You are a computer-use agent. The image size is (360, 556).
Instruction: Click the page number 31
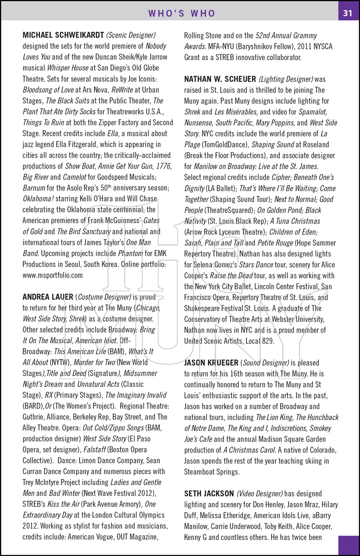pyautogui.click(x=347, y=13)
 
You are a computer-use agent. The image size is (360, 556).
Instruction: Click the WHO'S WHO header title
pyautogui.click(x=182, y=13)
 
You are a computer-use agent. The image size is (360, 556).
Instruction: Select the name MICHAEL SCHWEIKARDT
pyautogui.click(x=63, y=35)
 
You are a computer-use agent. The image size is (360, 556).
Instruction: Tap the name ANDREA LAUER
pyautogui.click(x=48, y=297)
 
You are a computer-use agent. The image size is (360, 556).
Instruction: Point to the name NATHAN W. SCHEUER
pyautogui.click(x=220, y=79)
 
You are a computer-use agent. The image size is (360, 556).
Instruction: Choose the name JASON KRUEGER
pyautogui.click(x=211, y=363)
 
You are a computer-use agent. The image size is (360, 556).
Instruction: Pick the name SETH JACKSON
pyautogui.click(x=209, y=493)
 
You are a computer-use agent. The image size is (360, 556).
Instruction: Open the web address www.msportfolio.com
pyautogui.click(x=53, y=275)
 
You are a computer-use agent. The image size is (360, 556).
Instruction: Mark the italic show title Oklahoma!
pyautogui.click(x=38, y=199)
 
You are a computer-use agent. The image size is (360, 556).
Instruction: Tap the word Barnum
pyautogui.click(x=34, y=188)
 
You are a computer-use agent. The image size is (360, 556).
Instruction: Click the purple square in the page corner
pyautogui.click(x=349, y=545)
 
